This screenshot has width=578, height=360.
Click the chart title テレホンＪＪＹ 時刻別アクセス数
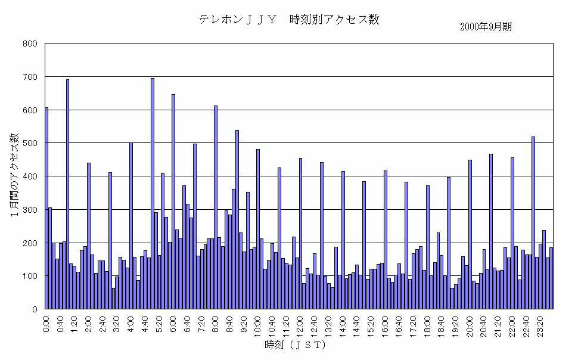coord(289,19)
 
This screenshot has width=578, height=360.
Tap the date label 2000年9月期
coord(486,27)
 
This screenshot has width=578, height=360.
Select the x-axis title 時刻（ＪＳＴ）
coord(296,345)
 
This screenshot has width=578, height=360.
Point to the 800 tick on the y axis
coord(30,44)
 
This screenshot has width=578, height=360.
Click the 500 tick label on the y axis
coord(30,143)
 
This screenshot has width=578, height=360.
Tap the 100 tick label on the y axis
coord(30,276)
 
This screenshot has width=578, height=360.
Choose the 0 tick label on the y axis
coord(35,309)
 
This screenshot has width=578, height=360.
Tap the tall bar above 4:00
coord(131,226)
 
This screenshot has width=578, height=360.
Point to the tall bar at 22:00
coord(512,233)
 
